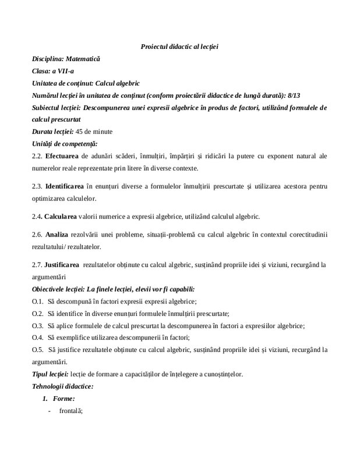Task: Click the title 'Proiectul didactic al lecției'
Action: point(179,46)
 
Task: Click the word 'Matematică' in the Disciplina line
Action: point(83,59)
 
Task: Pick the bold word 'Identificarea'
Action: point(65,187)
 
